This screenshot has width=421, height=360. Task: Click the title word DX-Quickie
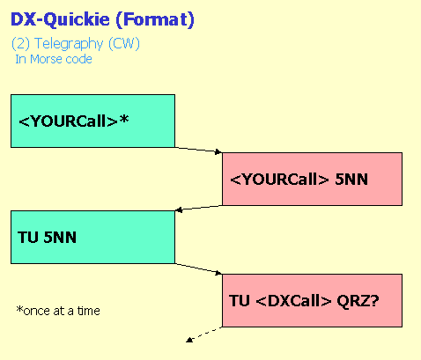[60, 20]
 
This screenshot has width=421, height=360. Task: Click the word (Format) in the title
[155, 20]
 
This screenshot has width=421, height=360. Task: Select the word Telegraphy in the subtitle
[69, 44]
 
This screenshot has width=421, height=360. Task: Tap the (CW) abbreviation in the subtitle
[124, 44]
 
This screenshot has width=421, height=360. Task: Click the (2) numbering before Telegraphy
[21, 44]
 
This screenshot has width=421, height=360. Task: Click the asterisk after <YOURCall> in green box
[124, 119]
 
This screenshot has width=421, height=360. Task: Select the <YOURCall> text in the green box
[69, 121]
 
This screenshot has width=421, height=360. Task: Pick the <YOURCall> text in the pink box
[279, 179]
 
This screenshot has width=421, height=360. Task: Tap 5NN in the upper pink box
[351, 179]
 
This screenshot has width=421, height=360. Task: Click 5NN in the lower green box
[60, 237]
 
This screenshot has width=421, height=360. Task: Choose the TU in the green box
[28, 237]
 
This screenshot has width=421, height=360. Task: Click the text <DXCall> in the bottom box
[293, 301]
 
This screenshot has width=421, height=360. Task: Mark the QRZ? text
[358, 301]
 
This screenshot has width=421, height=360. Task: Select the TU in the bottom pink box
[240, 301]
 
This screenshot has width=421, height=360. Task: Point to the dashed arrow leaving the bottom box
[204, 334]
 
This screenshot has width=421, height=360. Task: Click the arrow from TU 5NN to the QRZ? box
[198, 268]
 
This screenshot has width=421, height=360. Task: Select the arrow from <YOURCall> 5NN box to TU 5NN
[198, 208]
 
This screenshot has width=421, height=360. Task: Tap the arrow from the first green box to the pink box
[198, 150]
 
